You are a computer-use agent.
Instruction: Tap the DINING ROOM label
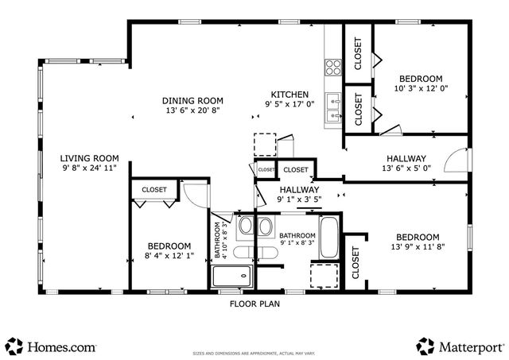[192, 101]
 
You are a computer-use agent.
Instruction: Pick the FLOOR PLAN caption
[254, 303]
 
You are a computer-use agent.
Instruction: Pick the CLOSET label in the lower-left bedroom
[153, 190]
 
